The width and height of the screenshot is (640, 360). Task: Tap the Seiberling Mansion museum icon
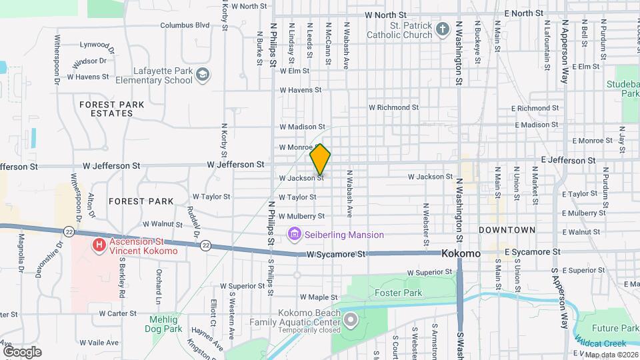coord(294,234)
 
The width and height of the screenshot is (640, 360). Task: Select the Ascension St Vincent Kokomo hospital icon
coord(99,245)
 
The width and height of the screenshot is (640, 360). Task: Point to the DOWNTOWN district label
coord(507,229)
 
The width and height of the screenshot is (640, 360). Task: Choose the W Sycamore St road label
coord(337,255)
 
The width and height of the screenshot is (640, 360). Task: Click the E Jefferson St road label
coord(568,161)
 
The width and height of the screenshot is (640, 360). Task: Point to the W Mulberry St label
coord(301,216)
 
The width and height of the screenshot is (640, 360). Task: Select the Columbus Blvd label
coord(185,25)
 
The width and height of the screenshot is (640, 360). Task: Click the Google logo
coord(22,351)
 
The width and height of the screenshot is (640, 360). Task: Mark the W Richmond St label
coord(393,107)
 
